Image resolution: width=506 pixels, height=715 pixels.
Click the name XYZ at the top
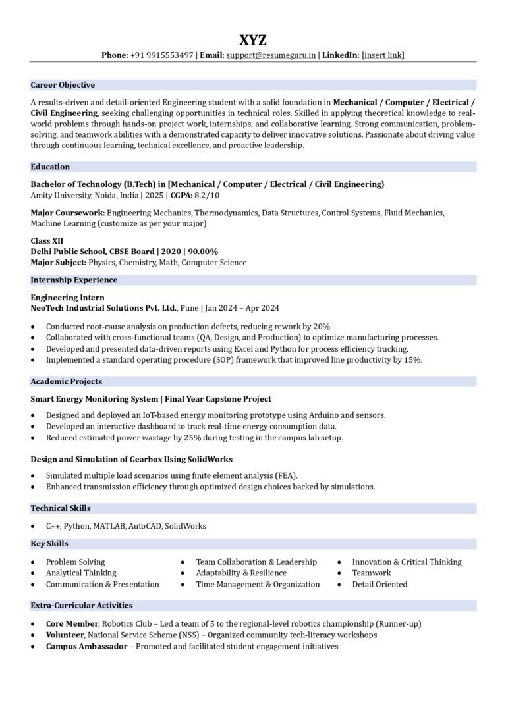253,40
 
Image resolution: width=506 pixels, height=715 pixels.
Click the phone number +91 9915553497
161,55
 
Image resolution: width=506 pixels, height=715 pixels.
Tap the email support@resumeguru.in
271,55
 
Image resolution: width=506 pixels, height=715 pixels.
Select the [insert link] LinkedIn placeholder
383,55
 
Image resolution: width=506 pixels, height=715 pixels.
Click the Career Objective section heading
63,85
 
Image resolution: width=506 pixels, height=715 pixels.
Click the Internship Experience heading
74,280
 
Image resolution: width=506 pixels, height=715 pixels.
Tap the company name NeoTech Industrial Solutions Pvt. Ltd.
104,308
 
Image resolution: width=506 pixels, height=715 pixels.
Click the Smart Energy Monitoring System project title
94,399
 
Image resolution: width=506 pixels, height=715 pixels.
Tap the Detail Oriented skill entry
379,584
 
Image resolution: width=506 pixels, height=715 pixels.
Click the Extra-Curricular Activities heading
82,605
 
